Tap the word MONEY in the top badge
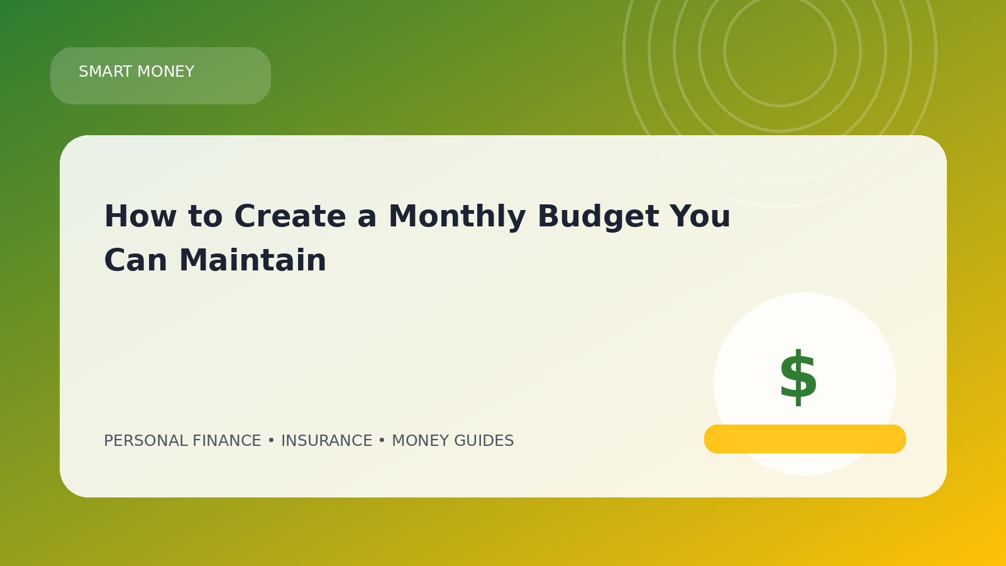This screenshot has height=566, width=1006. [x=166, y=72]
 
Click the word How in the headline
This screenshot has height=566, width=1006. [x=140, y=216]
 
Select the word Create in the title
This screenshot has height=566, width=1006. [x=290, y=216]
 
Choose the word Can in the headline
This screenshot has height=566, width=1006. [x=136, y=260]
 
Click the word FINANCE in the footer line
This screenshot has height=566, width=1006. [x=227, y=441]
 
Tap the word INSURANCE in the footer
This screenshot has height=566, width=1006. [x=326, y=441]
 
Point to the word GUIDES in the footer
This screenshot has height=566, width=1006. [x=484, y=441]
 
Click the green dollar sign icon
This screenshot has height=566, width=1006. [x=798, y=377]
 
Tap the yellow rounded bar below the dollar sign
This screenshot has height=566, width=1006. [x=805, y=439]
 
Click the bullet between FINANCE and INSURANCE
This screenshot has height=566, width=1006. [x=271, y=441]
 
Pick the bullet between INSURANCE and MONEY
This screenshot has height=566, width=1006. [x=382, y=441]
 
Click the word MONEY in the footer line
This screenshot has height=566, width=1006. [x=421, y=441]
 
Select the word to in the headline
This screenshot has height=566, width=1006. [x=205, y=216]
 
